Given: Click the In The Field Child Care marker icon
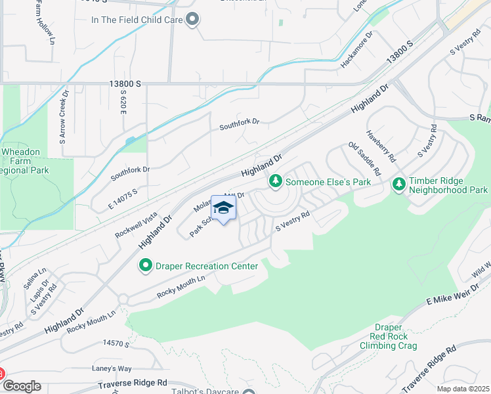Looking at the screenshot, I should (192, 20).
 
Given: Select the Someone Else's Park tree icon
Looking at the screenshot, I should (276, 181).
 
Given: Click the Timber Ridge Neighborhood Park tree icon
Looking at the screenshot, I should (398, 185).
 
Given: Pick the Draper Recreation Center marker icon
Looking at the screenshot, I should (145, 265).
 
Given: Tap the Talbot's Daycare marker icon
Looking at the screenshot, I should (249, 393).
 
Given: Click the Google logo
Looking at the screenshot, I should (22, 387).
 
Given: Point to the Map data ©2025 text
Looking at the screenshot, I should (463, 389).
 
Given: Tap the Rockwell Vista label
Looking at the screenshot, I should (136, 225).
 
